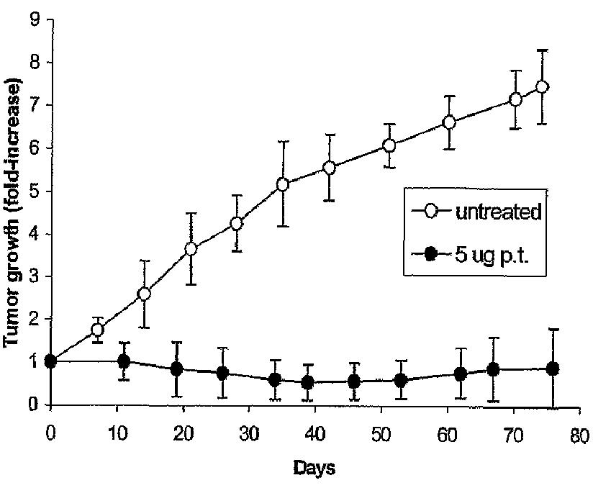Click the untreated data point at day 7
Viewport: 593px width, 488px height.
pos(97,330)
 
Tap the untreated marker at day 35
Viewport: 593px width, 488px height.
pos(283,185)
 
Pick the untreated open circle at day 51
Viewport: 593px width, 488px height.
pos(389,146)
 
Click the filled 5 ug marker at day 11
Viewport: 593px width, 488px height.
pos(124,361)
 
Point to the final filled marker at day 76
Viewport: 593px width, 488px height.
pos(553,369)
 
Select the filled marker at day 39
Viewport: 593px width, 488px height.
pos(308,382)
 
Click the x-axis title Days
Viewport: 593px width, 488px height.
pos(314,469)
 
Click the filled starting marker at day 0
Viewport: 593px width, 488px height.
pos(50,361)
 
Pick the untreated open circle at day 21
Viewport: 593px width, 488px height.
pos(191,249)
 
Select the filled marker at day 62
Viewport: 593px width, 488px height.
pos(461,374)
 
